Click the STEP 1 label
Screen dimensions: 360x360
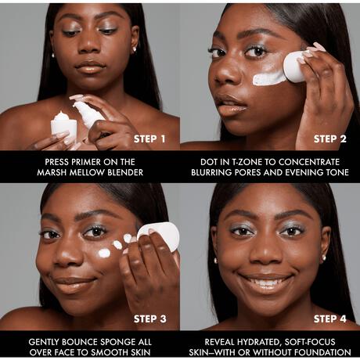click(x=149, y=139)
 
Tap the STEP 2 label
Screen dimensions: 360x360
click(x=330, y=139)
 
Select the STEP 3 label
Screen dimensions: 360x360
click(x=149, y=319)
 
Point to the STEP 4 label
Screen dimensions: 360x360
click(x=330, y=319)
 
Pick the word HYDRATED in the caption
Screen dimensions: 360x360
click(x=257, y=342)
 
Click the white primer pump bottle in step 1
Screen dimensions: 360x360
click(x=88, y=114)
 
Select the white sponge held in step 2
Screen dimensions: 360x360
click(x=295, y=67)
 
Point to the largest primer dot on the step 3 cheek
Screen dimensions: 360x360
click(x=104, y=253)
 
